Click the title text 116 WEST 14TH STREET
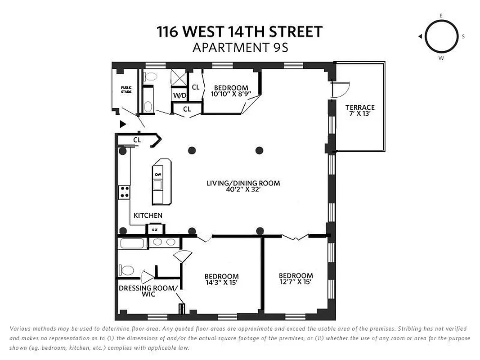(x=240, y=32)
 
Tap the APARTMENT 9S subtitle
(x=240, y=47)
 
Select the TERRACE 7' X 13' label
(x=360, y=111)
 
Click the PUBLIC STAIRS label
(x=126, y=89)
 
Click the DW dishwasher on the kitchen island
(x=158, y=174)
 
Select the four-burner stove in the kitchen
(x=124, y=193)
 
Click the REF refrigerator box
(x=155, y=229)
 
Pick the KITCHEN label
(x=148, y=216)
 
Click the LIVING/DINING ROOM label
(x=243, y=186)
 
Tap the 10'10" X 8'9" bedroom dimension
(x=231, y=94)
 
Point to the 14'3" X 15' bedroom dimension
(x=221, y=283)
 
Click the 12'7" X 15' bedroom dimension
(x=296, y=282)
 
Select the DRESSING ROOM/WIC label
(x=148, y=291)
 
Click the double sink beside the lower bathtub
(x=163, y=243)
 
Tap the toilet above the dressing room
(x=127, y=270)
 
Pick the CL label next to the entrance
(x=137, y=140)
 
